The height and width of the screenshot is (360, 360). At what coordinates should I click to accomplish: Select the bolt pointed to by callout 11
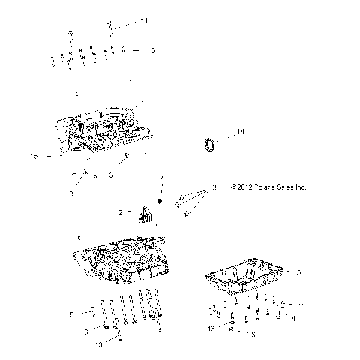click(x=111, y=28)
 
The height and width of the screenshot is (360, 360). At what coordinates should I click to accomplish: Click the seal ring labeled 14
click(x=211, y=143)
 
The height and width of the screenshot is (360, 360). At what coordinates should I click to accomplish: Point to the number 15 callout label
click(x=32, y=156)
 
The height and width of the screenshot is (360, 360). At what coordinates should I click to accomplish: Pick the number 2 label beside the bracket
click(x=120, y=212)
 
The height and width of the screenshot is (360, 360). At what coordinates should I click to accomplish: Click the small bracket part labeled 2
click(x=144, y=217)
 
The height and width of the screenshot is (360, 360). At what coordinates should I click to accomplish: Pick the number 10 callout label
click(x=97, y=344)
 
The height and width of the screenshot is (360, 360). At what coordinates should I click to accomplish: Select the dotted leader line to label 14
click(x=226, y=136)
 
